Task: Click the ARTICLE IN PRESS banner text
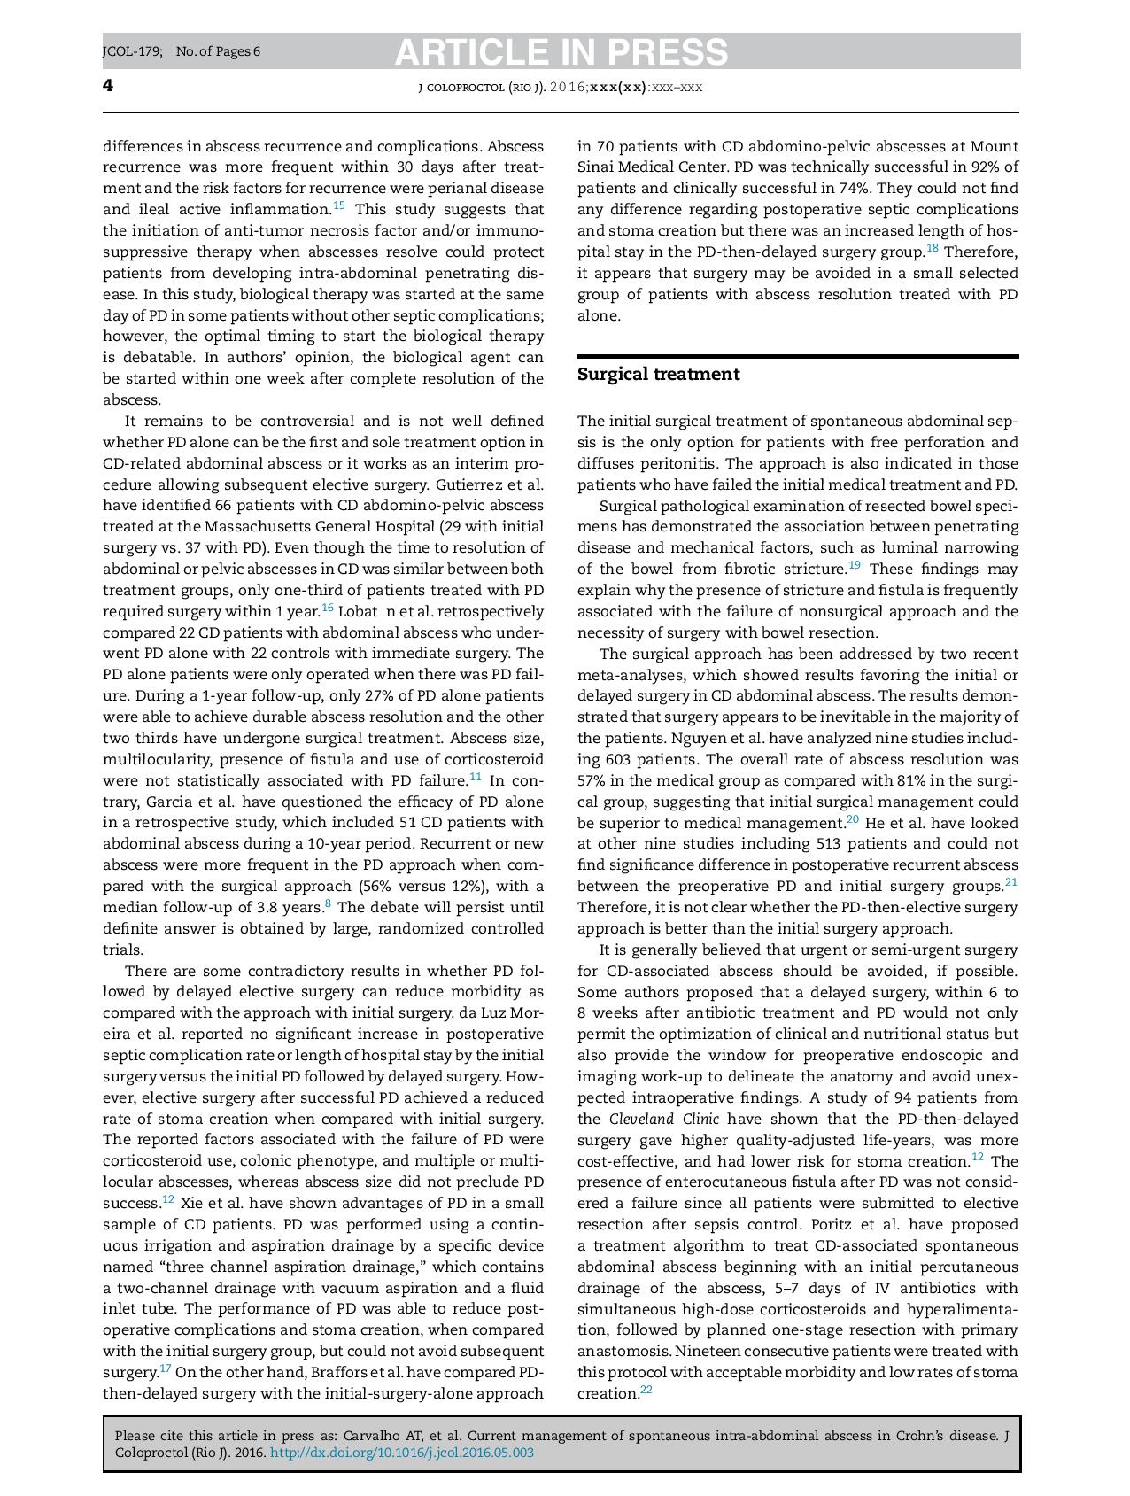pyautogui.click(x=561, y=52)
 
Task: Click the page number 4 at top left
pyautogui.click(x=108, y=86)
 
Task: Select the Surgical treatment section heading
pyautogui.click(x=658, y=375)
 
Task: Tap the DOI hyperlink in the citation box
pyautogui.click(x=401, y=1453)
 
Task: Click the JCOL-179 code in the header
pyautogui.click(x=132, y=51)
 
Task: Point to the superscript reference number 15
pyautogui.click(x=339, y=206)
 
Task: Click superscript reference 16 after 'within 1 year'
pyautogui.click(x=328, y=608)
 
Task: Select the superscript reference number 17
pyautogui.click(x=166, y=1368)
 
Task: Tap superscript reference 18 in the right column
pyautogui.click(x=933, y=248)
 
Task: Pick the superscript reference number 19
pyautogui.click(x=855, y=565)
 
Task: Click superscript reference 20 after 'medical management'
pyautogui.click(x=853, y=819)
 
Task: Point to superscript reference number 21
pyautogui.click(x=1011, y=882)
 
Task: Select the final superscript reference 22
pyautogui.click(x=646, y=1390)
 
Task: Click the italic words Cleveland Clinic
pyautogui.click(x=663, y=1119)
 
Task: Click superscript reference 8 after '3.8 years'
pyautogui.click(x=329, y=903)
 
